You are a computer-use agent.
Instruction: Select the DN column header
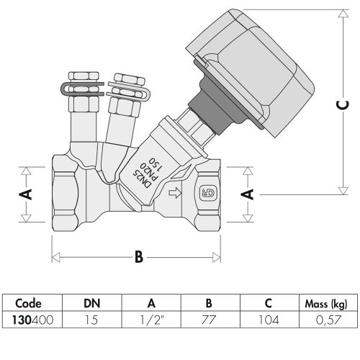coord(91,303)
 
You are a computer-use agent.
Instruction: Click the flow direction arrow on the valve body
coord(174,193)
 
